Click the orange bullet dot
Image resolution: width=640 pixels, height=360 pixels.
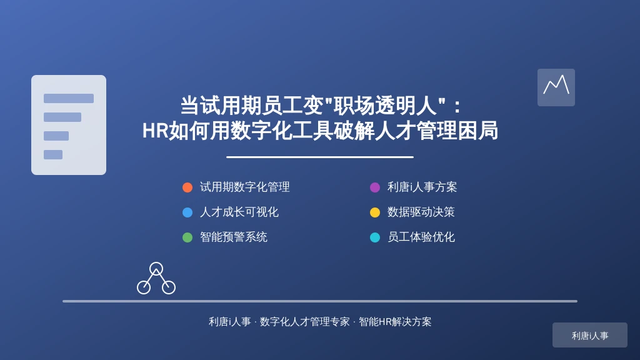click(x=187, y=187)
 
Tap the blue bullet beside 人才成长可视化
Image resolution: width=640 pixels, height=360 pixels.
click(x=187, y=212)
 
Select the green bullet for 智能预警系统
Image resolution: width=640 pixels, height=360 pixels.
click(x=187, y=237)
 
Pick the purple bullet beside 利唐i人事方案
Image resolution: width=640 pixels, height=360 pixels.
click(x=375, y=187)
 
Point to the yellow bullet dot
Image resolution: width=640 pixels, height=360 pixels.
click(x=375, y=212)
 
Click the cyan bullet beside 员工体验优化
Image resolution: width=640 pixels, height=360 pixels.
click(x=375, y=237)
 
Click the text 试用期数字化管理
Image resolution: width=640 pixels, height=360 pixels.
click(x=245, y=187)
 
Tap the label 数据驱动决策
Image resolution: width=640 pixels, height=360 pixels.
click(x=421, y=212)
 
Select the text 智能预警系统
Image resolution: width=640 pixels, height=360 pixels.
click(x=234, y=237)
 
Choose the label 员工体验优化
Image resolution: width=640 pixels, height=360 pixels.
click(x=421, y=237)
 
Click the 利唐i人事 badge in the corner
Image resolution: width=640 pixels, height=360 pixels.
click(x=590, y=335)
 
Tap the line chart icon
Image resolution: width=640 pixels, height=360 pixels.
click(x=556, y=87)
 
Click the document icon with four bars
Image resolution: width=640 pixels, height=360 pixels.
click(x=69, y=125)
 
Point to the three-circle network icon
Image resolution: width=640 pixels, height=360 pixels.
click(x=156, y=278)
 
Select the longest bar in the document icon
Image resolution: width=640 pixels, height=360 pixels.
click(x=69, y=98)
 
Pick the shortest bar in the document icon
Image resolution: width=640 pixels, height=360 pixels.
click(x=53, y=155)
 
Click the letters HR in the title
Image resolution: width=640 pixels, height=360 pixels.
click(x=155, y=131)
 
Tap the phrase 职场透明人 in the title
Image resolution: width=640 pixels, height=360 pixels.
click(x=384, y=105)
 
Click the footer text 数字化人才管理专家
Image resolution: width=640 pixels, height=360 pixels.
click(x=304, y=322)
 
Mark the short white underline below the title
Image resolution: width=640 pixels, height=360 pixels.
click(x=320, y=157)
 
